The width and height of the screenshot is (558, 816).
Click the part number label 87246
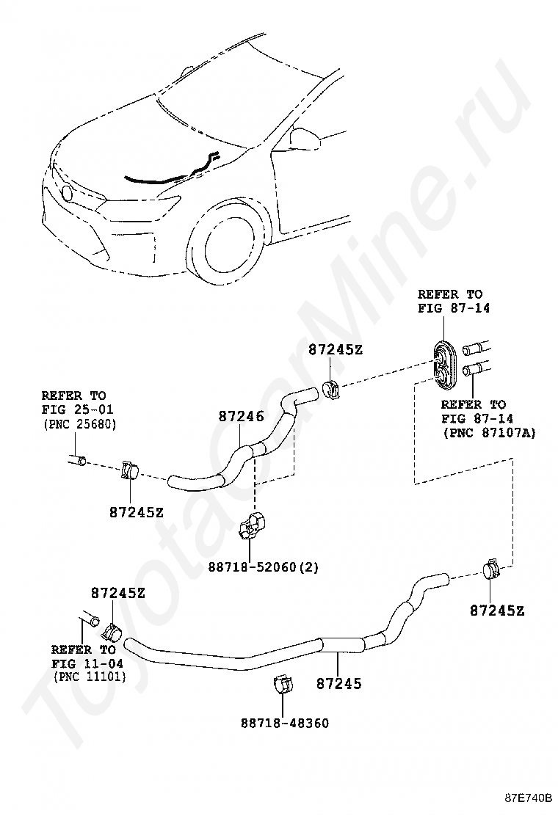[241, 416]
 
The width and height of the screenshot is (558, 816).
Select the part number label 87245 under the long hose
[339, 683]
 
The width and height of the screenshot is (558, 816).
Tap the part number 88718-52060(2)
[264, 567]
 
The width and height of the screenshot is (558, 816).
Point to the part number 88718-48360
[285, 723]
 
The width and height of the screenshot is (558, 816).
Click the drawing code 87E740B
[528, 798]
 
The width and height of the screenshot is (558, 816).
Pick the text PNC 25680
[79, 424]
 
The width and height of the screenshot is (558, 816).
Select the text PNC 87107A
[489, 432]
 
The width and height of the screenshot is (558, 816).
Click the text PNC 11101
[89, 677]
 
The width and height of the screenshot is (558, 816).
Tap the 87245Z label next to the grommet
[336, 350]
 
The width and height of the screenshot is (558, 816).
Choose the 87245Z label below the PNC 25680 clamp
[137, 512]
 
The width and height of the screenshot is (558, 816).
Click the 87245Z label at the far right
[497, 611]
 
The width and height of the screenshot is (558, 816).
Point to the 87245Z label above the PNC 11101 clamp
[118, 593]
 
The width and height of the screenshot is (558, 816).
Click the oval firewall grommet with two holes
[444, 365]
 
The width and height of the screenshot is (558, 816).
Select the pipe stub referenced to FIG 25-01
[77, 460]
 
